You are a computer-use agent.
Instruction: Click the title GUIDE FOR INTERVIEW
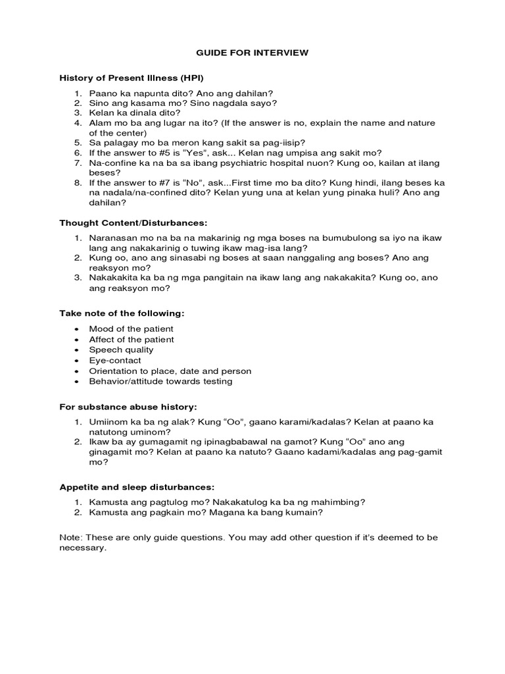coord(253,52)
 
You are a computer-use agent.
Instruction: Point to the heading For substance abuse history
coord(128,406)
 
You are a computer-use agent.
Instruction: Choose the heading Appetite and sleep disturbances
coord(137,487)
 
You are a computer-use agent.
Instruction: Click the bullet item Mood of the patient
coord(132,328)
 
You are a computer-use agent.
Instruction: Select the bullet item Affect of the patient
coord(132,339)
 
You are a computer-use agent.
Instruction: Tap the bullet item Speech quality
coord(122,350)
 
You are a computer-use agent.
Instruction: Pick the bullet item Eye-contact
coord(115,360)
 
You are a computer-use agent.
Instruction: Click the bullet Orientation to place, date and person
coord(170,371)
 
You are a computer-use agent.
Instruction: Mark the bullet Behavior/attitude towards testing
coord(161,381)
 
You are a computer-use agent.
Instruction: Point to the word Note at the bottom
coord(69,537)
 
